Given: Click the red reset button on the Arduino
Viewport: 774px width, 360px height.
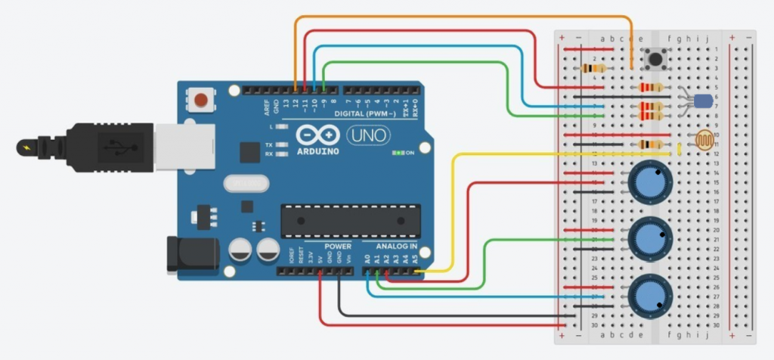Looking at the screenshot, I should pyautogui.click(x=201, y=98).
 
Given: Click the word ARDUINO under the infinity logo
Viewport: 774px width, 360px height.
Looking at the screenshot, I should pyautogui.click(x=319, y=151).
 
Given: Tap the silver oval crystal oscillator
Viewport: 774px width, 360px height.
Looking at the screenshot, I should pyautogui.click(x=246, y=184).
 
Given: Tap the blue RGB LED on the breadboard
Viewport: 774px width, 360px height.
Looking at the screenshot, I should pyautogui.click(x=702, y=101).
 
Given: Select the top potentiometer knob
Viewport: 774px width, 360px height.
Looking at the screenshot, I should pyautogui.click(x=650, y=182).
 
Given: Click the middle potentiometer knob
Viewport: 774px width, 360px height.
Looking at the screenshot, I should pyautogui.click(x=650, y=237).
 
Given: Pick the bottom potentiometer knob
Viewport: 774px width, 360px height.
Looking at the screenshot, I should pyautogui.click(x=650, y=295).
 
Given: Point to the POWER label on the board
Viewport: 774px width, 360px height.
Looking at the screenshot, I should pyautogui.click(x=337, y=247).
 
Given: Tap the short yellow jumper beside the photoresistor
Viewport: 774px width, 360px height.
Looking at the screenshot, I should pyautogui.click(x=680, y=147).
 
